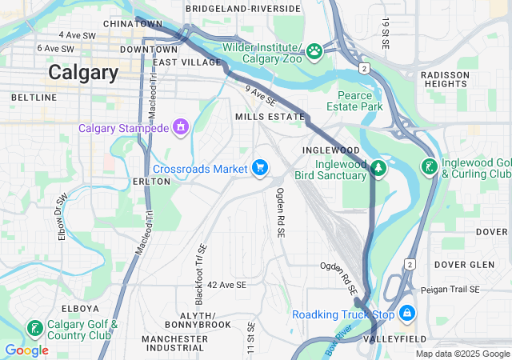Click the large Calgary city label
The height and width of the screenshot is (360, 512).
(83, 72)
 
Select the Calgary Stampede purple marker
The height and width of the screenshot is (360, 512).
(182, 127)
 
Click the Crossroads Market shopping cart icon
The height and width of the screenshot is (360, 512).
(259, 167)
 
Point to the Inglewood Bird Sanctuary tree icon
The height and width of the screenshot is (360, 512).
(379, 168)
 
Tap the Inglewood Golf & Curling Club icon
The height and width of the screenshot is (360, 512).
(429, 167)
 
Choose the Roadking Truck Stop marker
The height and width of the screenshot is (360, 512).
(407, 313)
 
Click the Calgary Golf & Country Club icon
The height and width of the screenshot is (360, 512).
(35, 328)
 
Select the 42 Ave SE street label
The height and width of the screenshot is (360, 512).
(226, 285)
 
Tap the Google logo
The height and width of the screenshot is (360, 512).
(26, 350)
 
